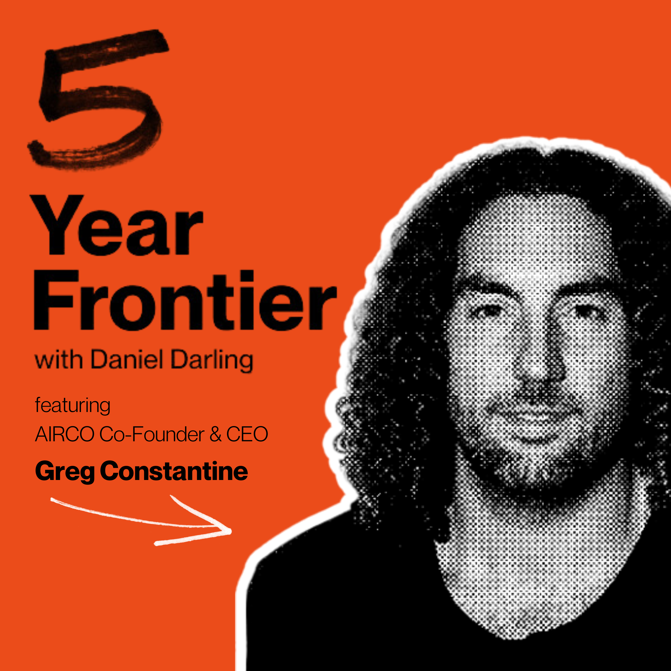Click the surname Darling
(x=212, y=361)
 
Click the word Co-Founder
(x=152, y=434)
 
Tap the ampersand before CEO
(x=216, y=434)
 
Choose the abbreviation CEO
(x=247, y=434)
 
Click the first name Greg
(x=65, y=473)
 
